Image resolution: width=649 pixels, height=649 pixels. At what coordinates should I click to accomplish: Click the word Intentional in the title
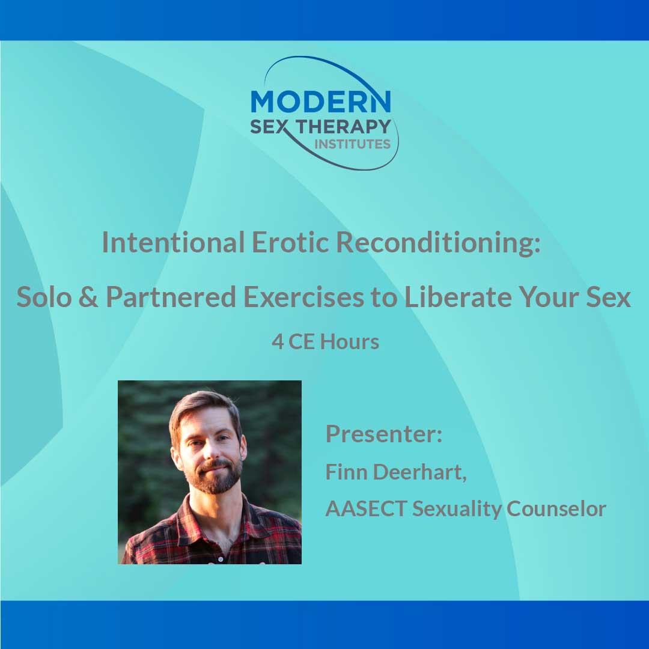pyautogui.click(x=173, y=242)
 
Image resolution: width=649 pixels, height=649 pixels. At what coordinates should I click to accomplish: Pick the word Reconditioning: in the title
pyautogui.click(x=438, y=242)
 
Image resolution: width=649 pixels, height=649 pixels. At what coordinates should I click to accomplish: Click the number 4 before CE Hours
pyautogui.click(x=277, y=342)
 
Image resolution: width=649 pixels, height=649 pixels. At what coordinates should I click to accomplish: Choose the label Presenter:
pyautogui.click(x=383, y=434)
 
